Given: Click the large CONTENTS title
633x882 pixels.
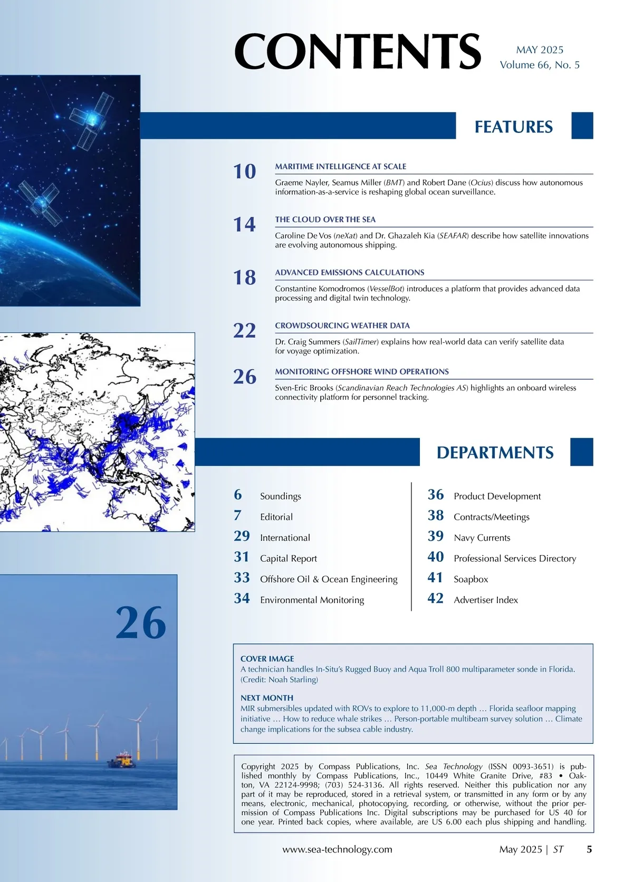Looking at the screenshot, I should (358, 51).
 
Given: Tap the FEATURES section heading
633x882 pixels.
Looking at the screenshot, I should (513, 127).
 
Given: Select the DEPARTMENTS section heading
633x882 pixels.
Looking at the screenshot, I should (495, 453).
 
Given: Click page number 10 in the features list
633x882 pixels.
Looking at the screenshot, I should (245, 171).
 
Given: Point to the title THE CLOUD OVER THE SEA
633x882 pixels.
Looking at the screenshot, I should (325, 219).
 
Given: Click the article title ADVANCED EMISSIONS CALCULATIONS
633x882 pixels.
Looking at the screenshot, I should (349, 273).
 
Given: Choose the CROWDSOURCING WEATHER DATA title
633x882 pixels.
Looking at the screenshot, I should (342, 325).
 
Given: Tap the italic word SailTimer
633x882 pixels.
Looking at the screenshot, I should (361, 342).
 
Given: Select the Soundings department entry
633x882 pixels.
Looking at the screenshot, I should (280, 496).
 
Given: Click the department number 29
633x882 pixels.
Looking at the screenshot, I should (242, 536).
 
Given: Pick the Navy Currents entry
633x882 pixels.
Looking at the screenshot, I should (482, 538).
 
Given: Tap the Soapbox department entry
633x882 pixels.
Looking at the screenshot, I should (471, 579).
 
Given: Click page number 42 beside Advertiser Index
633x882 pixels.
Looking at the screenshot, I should (435, 598).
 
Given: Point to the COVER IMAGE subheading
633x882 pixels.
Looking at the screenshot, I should (267, 659).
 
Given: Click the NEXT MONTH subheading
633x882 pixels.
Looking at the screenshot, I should (266, 698).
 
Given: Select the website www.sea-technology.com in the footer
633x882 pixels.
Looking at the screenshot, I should (337, 849).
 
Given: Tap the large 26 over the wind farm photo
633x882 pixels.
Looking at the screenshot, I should (141, 624).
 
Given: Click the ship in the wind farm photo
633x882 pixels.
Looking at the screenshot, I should (121, 760).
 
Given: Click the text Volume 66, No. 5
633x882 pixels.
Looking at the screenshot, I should (539, 65).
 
